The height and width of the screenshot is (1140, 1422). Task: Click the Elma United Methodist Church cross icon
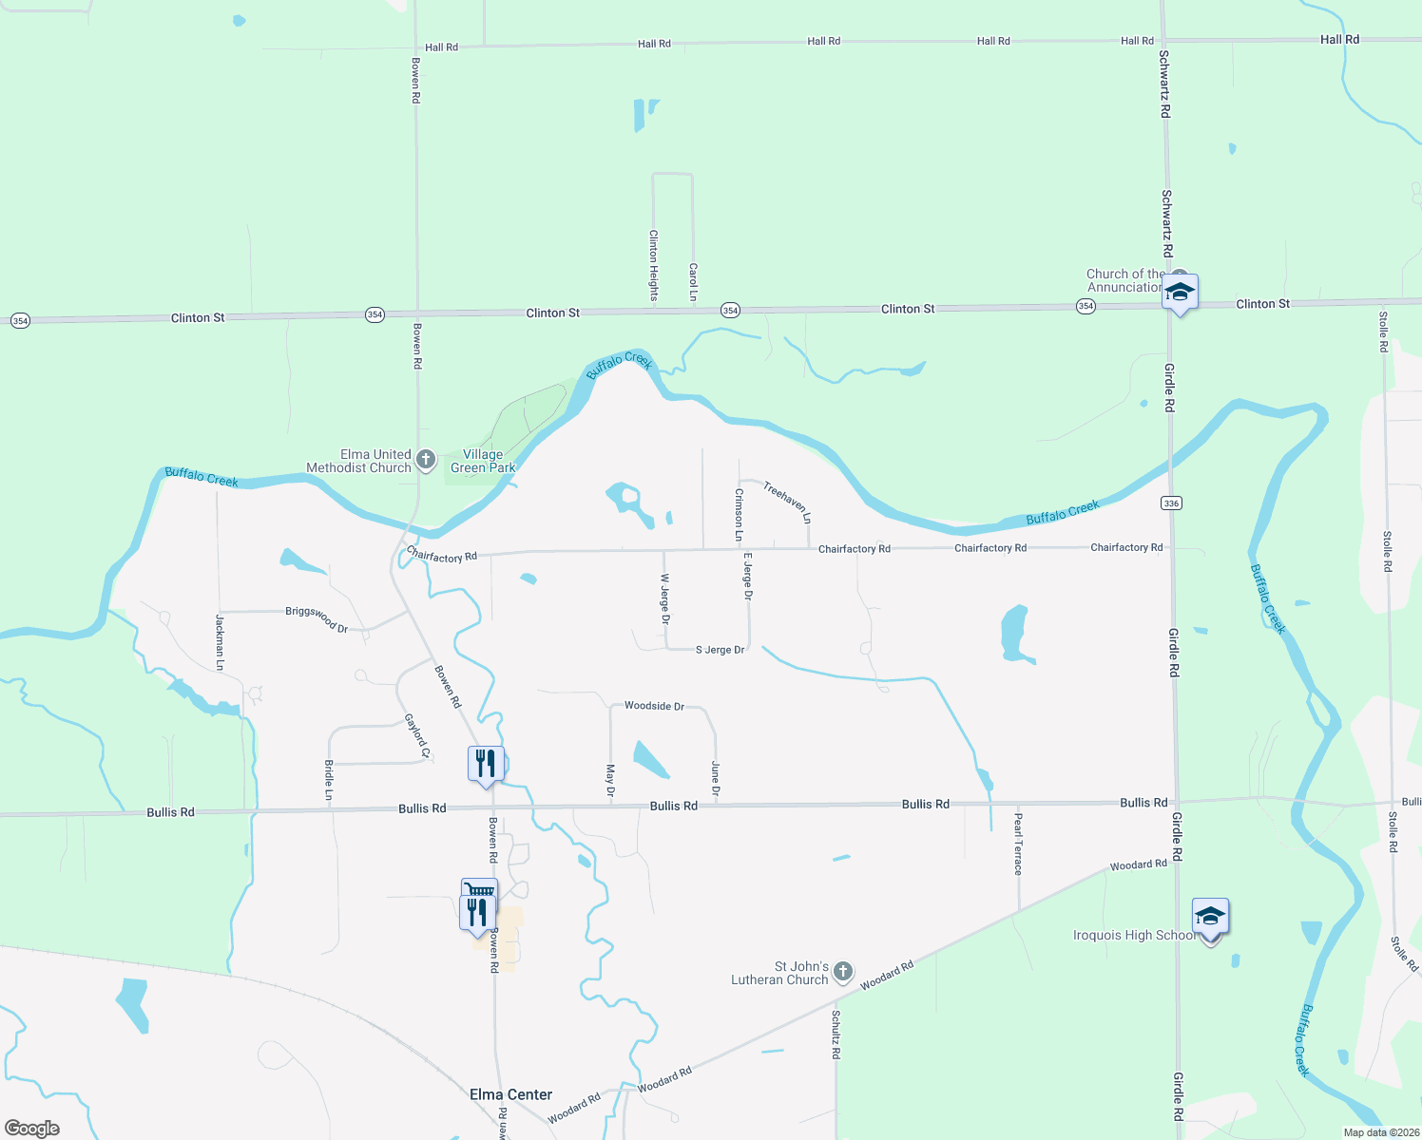426,460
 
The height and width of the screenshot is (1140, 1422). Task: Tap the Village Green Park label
483,461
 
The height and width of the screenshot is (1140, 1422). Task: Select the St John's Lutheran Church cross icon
842,971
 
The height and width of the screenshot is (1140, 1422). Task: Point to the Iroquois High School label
1134,936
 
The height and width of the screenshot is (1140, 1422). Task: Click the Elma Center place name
510,1094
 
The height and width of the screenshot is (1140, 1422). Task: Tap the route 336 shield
1172,503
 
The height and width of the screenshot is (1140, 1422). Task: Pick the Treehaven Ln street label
787,503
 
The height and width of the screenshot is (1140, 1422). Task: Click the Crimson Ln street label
739,515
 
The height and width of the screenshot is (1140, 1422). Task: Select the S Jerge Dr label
720,650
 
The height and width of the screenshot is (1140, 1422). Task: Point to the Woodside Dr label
654,706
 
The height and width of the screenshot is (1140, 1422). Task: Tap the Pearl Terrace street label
1018,843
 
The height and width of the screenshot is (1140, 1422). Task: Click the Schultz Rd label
836,1035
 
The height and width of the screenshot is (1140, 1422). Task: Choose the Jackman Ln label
220,642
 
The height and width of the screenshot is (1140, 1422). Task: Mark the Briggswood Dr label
317,618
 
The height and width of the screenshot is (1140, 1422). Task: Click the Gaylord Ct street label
417,736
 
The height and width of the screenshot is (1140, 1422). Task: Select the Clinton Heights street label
653,265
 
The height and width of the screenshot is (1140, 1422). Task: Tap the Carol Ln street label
693,282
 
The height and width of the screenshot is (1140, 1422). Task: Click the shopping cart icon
479,889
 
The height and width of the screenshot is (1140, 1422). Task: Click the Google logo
32,1129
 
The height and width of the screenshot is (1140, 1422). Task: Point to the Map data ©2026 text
1380,1132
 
